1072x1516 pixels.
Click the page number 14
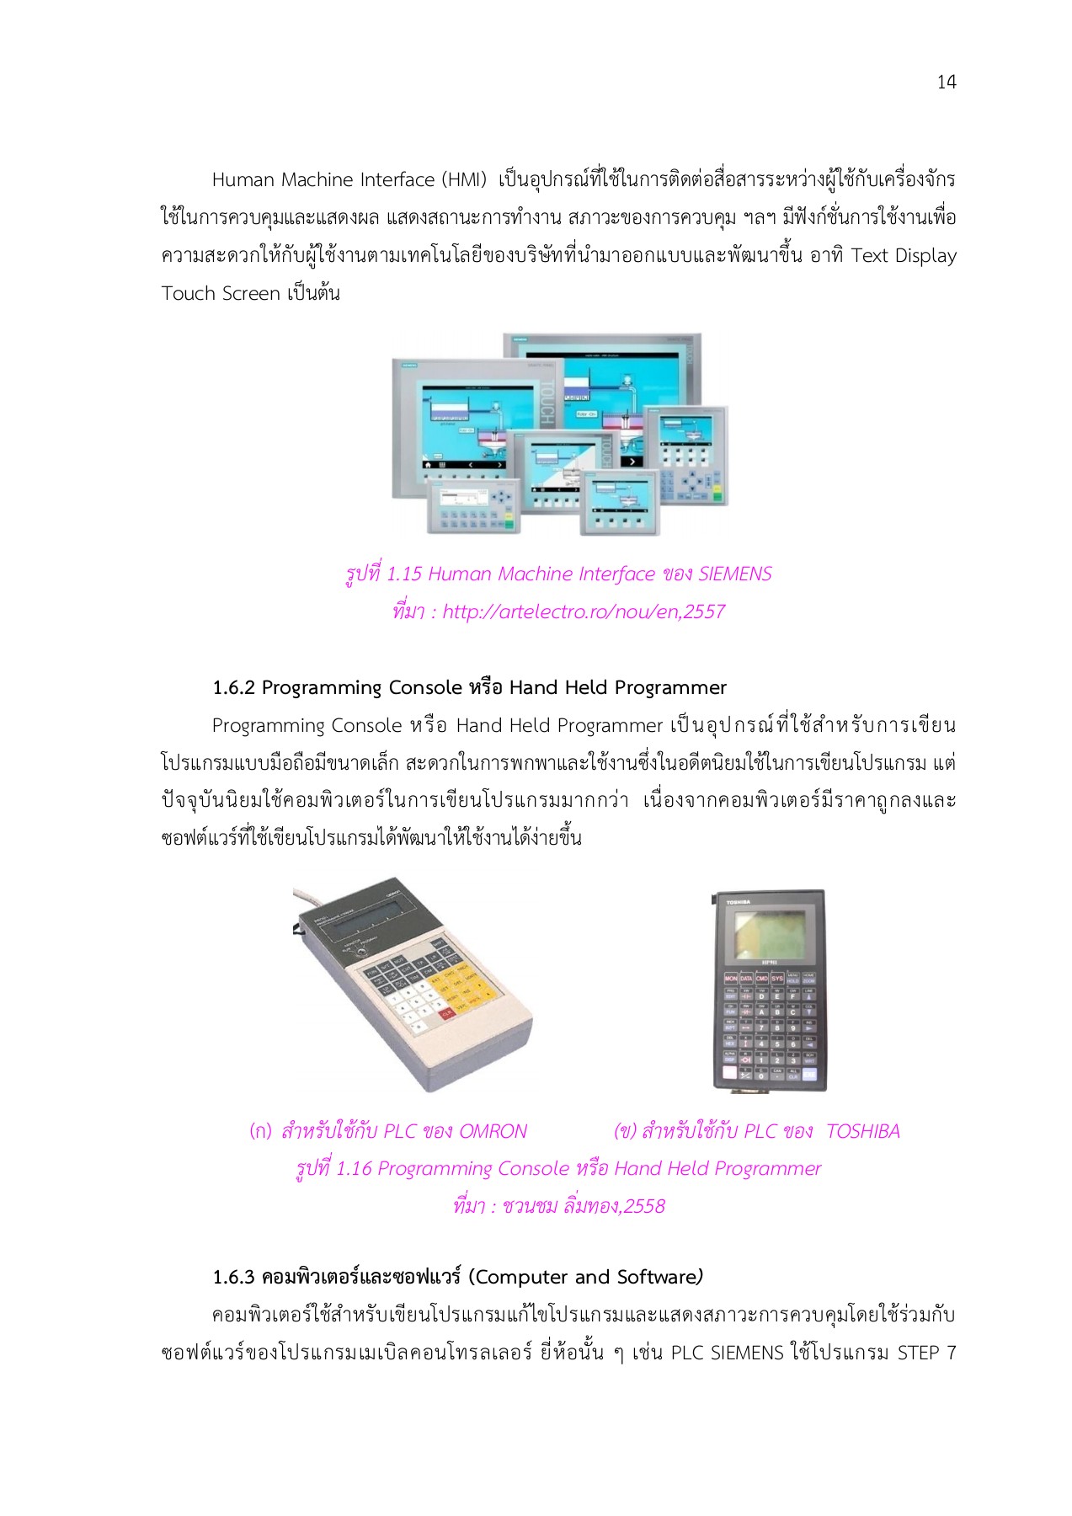[946, 82]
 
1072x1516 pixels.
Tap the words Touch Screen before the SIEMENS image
[221, 293]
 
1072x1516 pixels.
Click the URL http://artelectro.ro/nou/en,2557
[583, 611]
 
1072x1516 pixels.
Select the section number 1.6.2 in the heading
[233, 687]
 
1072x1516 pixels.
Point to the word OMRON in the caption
[493, 1131]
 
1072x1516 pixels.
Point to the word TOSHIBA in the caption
[862, 1131]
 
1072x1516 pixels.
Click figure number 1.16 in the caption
[354, 1168]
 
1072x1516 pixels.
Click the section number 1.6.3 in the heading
[233, 1277]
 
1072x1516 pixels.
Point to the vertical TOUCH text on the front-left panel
[545, 403]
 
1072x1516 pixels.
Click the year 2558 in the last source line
[644, 1206]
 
